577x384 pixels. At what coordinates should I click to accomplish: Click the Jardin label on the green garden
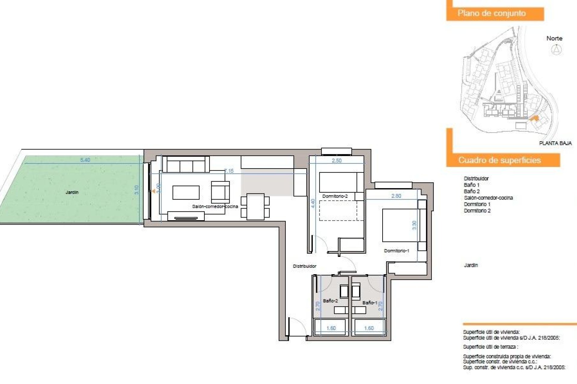pos(72,192)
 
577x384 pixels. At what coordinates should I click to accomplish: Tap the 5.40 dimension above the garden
pos(85,160)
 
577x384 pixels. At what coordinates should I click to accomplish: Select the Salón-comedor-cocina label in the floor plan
pos(215,206)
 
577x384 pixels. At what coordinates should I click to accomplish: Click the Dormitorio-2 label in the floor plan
pos(335,196)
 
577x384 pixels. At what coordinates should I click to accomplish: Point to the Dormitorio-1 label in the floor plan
pos(396,251)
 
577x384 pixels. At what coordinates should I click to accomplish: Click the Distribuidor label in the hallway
pos(304,266)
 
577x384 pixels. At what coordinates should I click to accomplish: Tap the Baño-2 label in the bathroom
pos(330,301)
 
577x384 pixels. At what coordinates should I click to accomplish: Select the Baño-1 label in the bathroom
pos(370,303)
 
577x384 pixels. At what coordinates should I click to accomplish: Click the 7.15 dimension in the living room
pos(229,171)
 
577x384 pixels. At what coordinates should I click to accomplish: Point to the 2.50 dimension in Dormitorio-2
pos(337,160)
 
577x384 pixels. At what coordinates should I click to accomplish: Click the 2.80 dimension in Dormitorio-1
pos(396,196)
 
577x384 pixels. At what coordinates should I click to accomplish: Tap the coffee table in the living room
pos(186,193)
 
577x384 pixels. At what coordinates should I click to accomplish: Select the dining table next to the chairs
pos(255,207)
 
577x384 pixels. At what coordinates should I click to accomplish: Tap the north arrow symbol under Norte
pos(557,49)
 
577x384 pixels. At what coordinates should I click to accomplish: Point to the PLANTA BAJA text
pos(555,143)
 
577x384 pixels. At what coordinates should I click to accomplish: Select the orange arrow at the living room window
pos(154,191)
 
